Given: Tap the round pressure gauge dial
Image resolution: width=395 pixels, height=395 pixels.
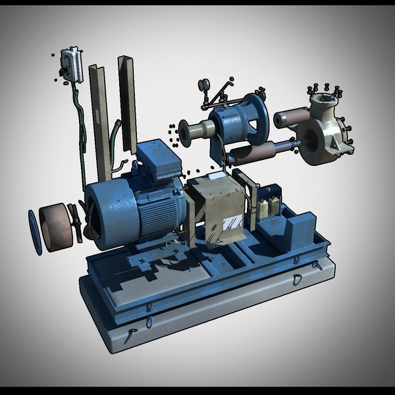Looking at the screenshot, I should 203,84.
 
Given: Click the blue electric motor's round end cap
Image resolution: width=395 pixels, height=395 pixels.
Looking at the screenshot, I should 109,209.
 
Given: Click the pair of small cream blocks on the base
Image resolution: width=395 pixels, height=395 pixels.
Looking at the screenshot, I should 268,206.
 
